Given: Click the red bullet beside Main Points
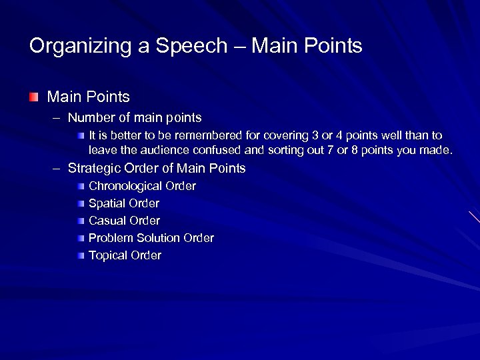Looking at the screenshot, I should pyautogui.click(x=33, y=97).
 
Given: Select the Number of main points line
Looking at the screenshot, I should pyautogui.click(x=135, y=118).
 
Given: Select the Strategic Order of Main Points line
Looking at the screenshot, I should pyautogui.click(x=157, y=169).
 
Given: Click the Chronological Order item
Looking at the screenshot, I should pyautogui.click(x=142, y=186).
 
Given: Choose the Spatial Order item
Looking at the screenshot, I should pyautogui.click(x=124, y=203).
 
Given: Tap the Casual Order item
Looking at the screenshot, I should pyautogui.click(x=124, y=221).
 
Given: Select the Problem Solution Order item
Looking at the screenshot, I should pyautogui.click(x=151, y=238).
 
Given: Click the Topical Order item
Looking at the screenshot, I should pyautogui.click(x=125, y=255).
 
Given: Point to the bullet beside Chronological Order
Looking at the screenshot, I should pyautogui.click(x=81, y=186).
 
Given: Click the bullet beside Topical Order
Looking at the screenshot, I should pyautogui.click(x=81, y=255).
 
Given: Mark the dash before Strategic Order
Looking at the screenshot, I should pyautogui.click(x=57, y=169).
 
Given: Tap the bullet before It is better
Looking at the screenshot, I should pyautogui.click(x=81, y=135).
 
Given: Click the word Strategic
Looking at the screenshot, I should pyautogui.click(x=94, y=169).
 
